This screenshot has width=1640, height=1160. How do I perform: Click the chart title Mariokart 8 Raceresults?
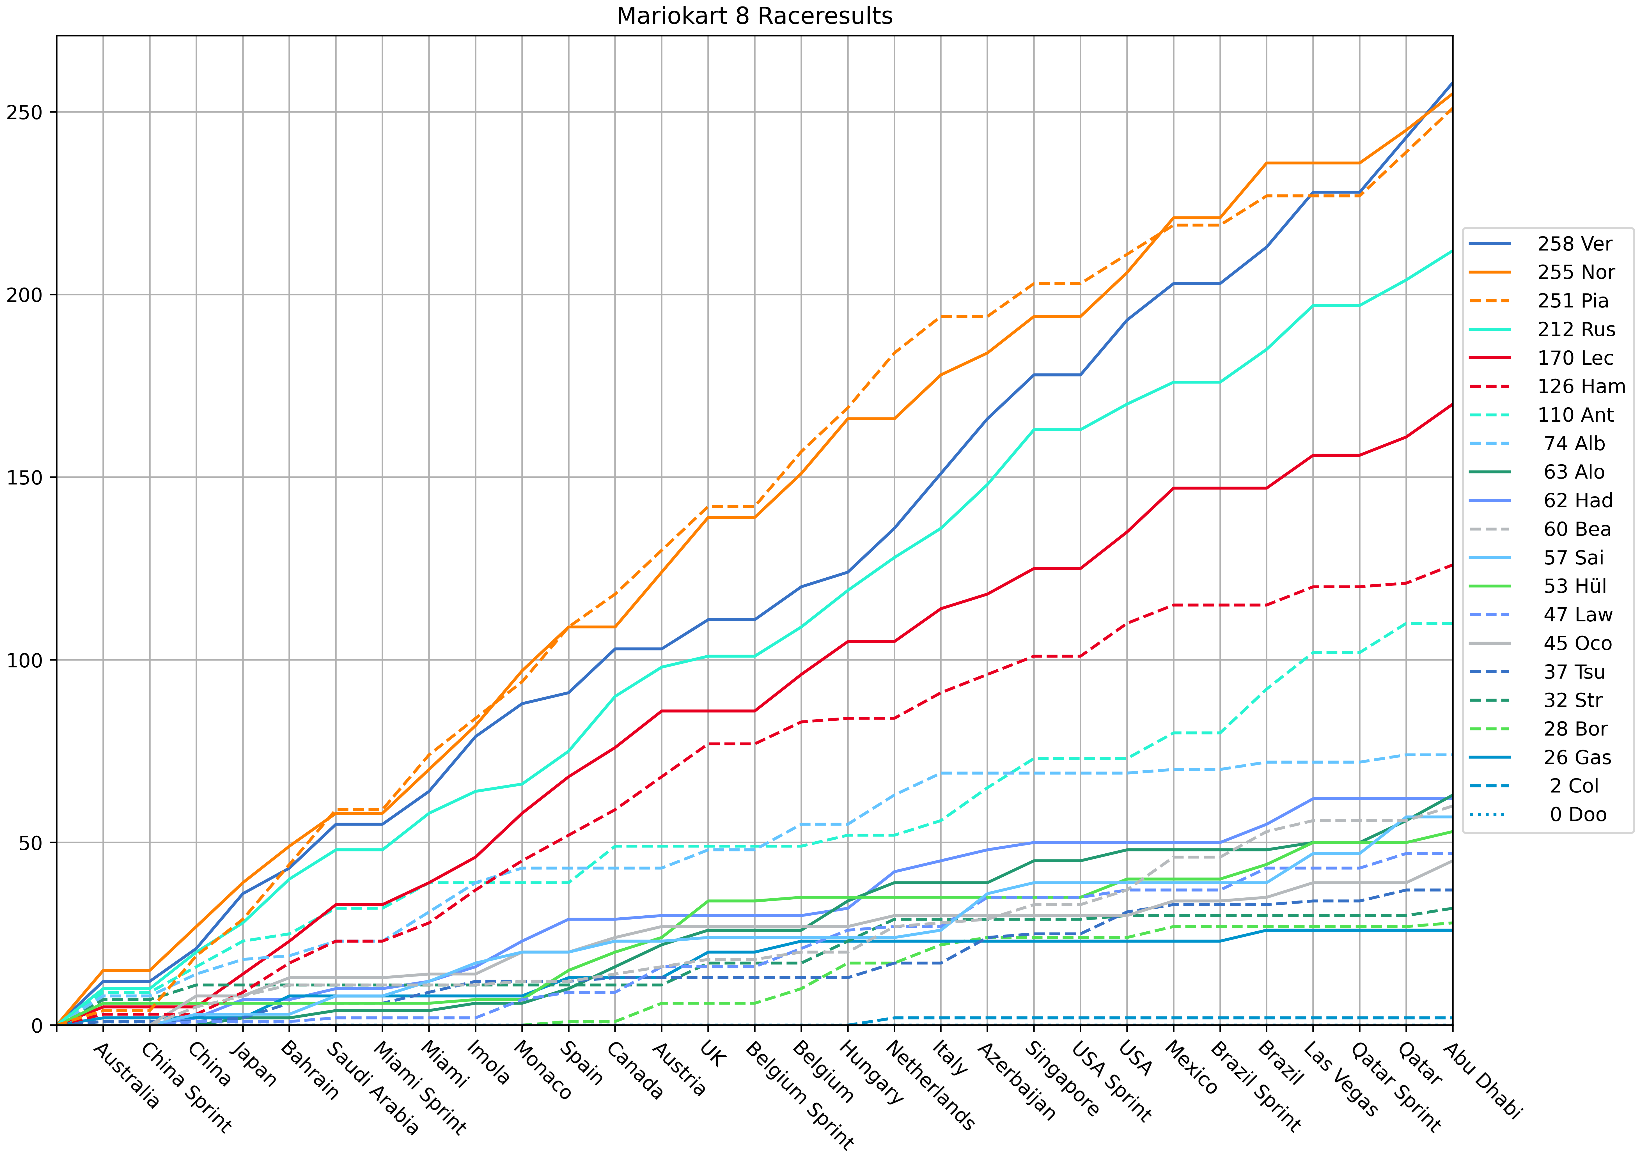point(754,16)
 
